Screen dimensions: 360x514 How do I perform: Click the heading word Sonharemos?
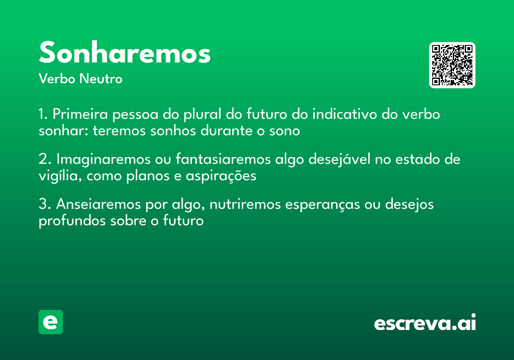125,53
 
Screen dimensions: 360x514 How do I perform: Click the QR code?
452,65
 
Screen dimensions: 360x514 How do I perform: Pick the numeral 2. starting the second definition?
45,160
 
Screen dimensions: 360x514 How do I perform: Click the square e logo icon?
51,322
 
